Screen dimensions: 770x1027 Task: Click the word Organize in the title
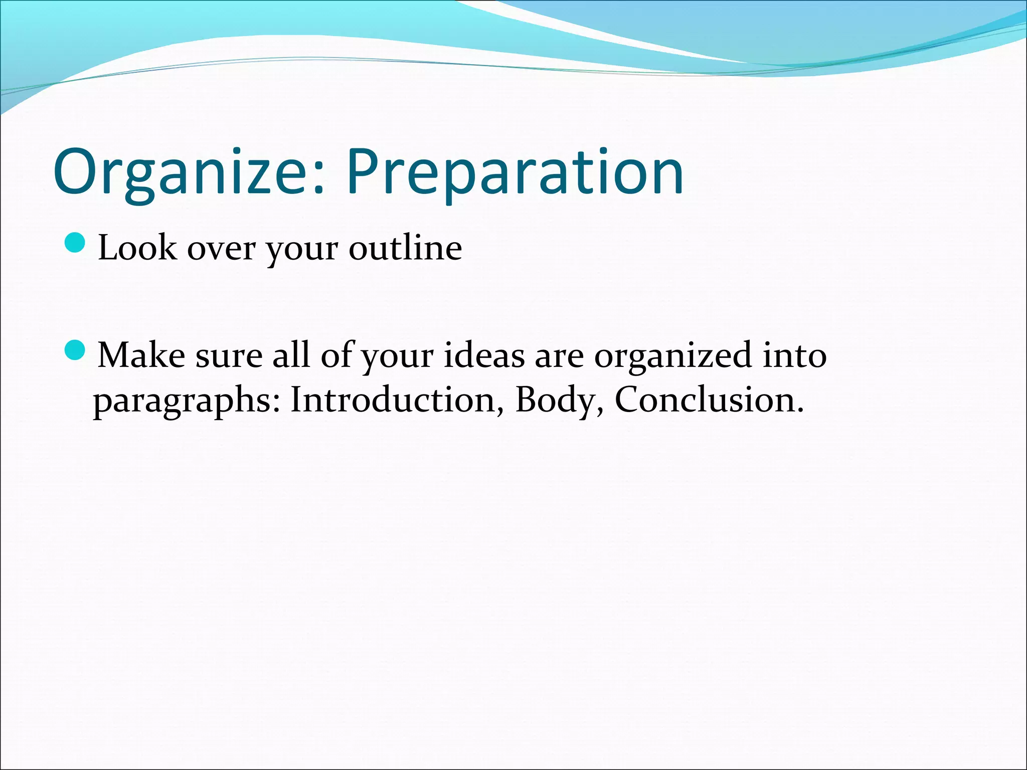183,173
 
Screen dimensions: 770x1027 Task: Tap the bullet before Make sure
76,349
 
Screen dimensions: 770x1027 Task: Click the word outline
405,248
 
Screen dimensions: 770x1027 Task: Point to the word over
221,249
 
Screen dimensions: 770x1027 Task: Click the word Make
141,355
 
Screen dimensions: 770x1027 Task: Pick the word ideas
484,355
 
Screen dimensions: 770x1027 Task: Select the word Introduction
393,400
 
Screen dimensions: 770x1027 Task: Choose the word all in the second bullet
291,355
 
